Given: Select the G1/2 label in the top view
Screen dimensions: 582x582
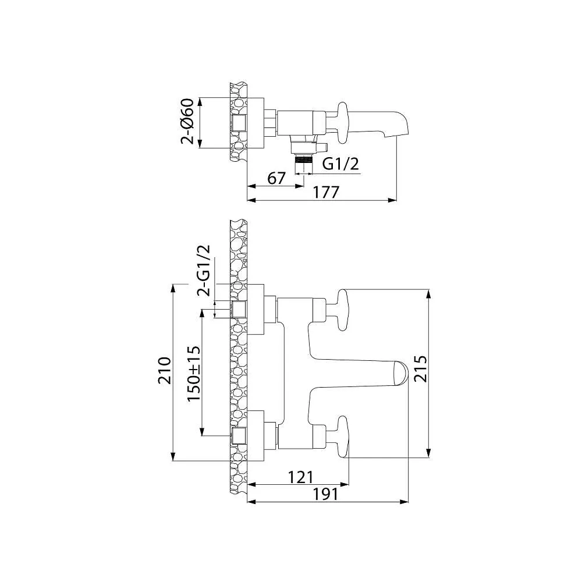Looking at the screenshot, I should click(x=340, y=165).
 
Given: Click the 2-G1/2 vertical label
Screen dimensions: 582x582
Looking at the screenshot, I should click(x=203, y=271).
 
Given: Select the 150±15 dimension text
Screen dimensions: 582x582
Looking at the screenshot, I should click(x=194, y=372).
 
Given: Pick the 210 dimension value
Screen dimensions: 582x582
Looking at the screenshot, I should click(x=165, y=370).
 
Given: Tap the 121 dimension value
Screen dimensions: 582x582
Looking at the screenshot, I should click(x=301, y=477).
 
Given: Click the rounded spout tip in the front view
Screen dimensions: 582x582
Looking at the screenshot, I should click(x=400, y=372).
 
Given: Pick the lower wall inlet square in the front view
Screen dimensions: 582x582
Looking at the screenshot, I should click(x=239, y=435).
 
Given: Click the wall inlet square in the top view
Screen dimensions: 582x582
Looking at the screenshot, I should click(x=239, y=123).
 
